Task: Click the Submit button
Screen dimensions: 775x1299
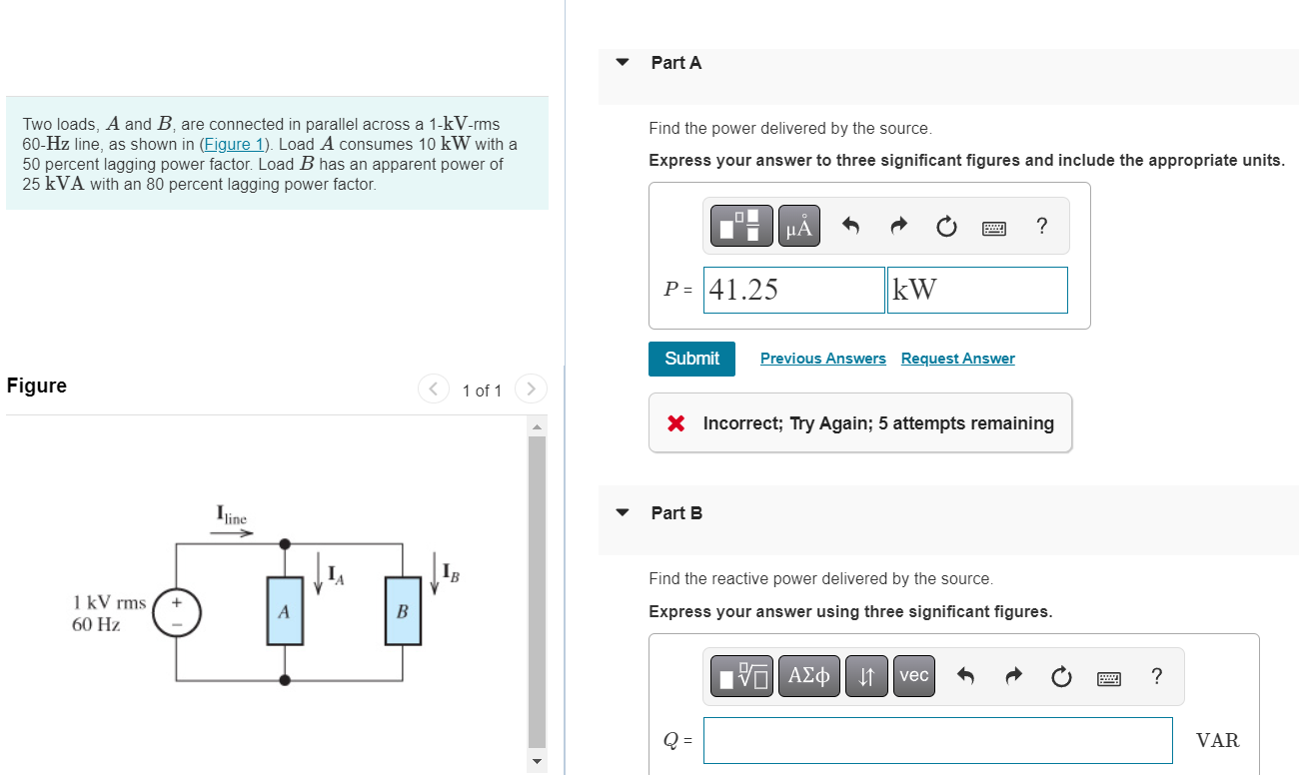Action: [x=691, y=359]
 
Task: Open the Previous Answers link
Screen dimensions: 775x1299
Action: [x=822, y=359]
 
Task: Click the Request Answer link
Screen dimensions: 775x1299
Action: [x=957, y=359]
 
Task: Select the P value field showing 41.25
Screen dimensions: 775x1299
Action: [x=793, y=290]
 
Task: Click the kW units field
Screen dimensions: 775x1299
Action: [x=976, y=290]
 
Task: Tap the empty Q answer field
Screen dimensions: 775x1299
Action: [x=936, y=740]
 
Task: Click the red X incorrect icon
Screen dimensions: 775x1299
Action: [x=676, y=423]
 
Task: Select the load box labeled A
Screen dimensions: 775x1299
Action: [x=285, y=612]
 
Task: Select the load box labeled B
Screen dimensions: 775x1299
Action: [x=403, y=612]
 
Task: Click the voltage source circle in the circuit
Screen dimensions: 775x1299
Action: [x=177, y=612]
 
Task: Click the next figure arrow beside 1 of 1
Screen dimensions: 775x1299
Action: [x=531, y=389]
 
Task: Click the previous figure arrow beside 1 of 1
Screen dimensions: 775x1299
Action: [x=433, y=389]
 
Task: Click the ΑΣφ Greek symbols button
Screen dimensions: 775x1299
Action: [x=808, y=676]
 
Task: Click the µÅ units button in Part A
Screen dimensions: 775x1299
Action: [x=798, y=227]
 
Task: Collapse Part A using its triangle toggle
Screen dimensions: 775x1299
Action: [x=623, y=63]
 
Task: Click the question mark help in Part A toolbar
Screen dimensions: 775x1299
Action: [x=1042, y=227]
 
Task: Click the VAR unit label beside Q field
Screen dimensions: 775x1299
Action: [x=1217, y=740]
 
